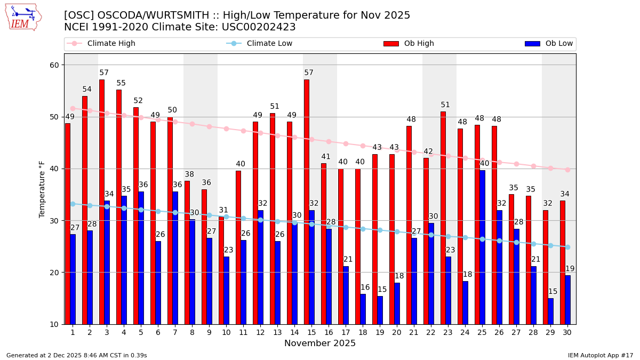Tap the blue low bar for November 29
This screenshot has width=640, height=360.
tap(551, 311)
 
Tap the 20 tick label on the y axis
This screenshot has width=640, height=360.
tap(55, 273)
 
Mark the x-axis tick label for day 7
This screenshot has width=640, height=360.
tap(175, 332)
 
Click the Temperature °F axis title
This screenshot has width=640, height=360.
tap(43, 189)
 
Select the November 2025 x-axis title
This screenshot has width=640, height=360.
tap(320, 343)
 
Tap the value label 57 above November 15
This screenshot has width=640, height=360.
tap(309, 73)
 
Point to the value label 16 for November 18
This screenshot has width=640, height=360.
tap(365, 287)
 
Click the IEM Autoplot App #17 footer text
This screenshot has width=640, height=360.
tap(601, 355)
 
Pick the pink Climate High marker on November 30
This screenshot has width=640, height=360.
tap(567, 170)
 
